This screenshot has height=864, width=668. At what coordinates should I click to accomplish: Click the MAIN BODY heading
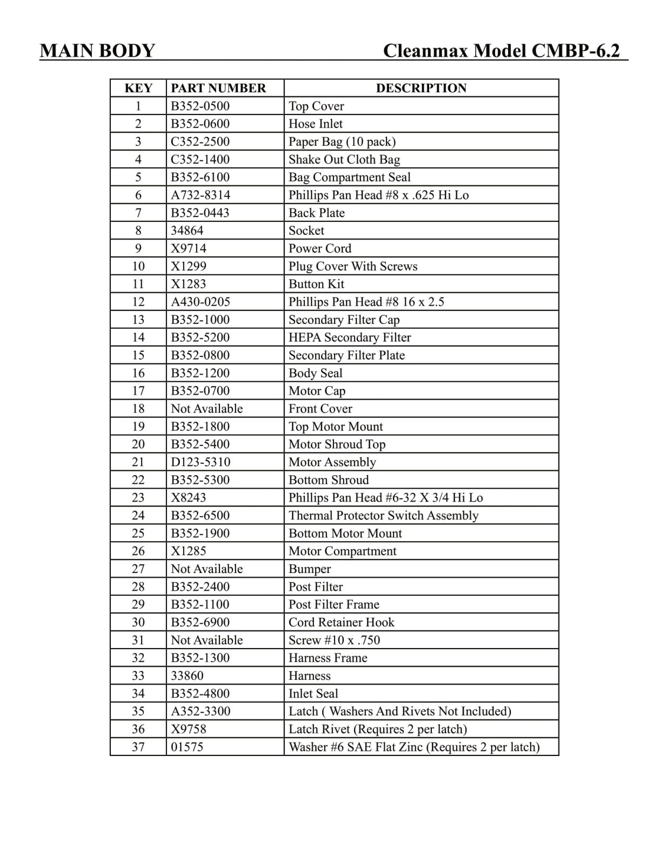97,51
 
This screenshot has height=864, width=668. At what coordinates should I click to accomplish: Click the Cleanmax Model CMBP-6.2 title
502,51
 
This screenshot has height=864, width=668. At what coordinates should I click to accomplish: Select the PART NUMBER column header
218,88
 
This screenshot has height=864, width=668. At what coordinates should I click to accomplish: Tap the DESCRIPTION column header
421,88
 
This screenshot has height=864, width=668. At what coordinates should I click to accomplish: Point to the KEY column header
138,88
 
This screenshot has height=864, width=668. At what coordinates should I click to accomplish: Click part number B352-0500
200,106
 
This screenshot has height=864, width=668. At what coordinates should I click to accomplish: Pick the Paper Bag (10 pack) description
342,141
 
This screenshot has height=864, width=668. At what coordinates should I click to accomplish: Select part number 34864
187,231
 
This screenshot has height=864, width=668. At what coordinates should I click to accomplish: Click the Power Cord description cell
320,248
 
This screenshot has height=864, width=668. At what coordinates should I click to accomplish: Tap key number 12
138,302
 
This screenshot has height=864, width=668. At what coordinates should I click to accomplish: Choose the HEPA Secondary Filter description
350,337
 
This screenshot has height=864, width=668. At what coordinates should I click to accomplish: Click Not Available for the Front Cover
207,409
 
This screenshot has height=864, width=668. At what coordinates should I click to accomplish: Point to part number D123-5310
201,462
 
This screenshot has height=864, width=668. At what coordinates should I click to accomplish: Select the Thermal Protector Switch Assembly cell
383,516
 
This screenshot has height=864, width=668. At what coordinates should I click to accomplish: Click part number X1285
189,551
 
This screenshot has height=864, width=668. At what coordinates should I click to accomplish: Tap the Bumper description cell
310,569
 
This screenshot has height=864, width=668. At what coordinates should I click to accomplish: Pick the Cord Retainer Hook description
342,622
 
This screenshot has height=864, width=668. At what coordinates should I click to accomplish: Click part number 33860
187,676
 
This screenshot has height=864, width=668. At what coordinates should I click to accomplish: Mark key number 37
138,747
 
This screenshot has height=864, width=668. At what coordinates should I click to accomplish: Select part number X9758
189,729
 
